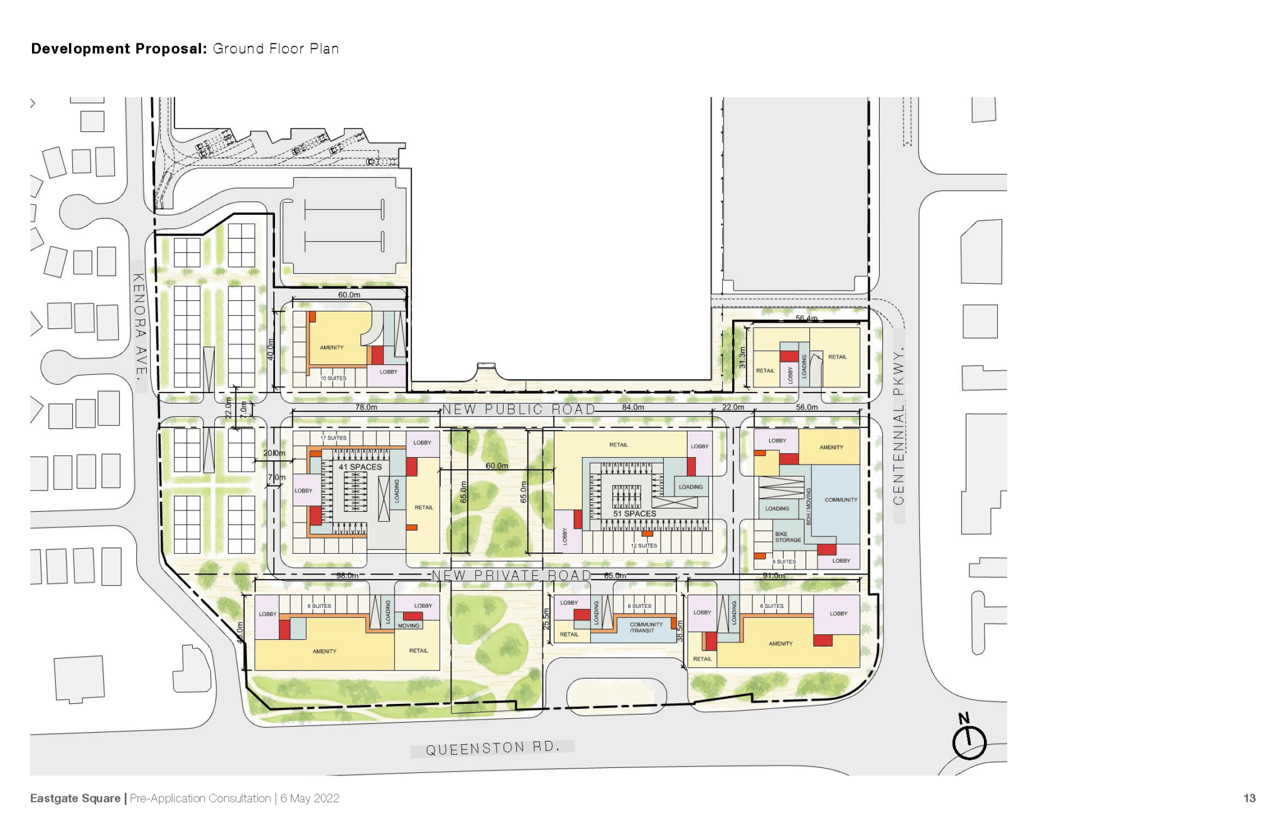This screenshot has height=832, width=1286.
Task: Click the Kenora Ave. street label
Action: click(x=139, y=325)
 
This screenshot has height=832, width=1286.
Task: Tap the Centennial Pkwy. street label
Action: click(x=899, y=427)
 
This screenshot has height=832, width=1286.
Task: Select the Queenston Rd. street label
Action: click(x=492, y=748)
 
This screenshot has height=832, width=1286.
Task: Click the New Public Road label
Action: click(x=519, y=409)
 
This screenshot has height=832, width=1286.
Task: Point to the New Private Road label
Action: click(x=511, y=575)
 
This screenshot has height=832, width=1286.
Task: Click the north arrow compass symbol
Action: click(x=969, y=740)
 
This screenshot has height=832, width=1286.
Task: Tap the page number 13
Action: click(x=1249, y=798)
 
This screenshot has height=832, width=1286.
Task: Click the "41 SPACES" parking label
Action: click(x=360, y=467)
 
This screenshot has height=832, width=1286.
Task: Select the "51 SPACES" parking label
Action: click(x=634, y=514)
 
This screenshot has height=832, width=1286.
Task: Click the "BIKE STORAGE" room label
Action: click(x=787, y=537)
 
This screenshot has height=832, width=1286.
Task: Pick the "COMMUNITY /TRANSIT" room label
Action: click(x=646, y=627)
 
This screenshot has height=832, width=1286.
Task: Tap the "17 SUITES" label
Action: click(x=333, y=438)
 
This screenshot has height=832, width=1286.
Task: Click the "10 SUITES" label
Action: click(x=333, y=378)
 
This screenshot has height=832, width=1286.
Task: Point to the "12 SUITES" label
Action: click(x=644, y=546)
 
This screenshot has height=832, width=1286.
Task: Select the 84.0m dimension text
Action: click(x=633, y=407)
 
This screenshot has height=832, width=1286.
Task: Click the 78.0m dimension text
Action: click(x=366, y=407)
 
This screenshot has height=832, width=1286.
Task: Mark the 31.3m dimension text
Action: click(x=742, y=357)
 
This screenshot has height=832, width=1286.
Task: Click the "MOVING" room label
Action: click(x=408, y=625)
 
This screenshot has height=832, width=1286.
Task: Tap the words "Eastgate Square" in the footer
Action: click(x=75, y=798)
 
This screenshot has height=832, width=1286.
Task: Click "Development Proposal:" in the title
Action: click(x=119, y=49)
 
